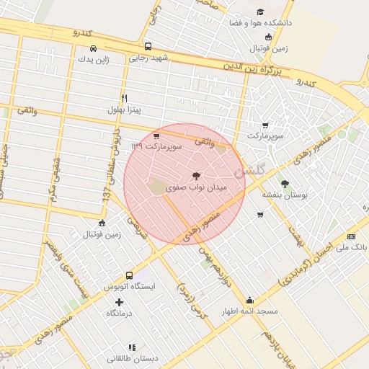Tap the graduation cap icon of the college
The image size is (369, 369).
pyautogui.click(x=259, y=12)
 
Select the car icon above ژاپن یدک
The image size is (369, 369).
pyautogui.click(x=94, y=49)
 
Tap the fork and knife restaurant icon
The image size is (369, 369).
pyautogui.click(x=124, y=98)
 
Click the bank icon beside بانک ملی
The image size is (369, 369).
pyautogui.click(x=351, y=236)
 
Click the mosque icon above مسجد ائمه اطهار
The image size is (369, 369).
pyautogui.click(x=249, y=301)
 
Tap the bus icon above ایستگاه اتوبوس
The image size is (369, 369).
pyautogui.click(x=129, y=275)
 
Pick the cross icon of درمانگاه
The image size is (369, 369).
pyautogui.click(x=120, y=301)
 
